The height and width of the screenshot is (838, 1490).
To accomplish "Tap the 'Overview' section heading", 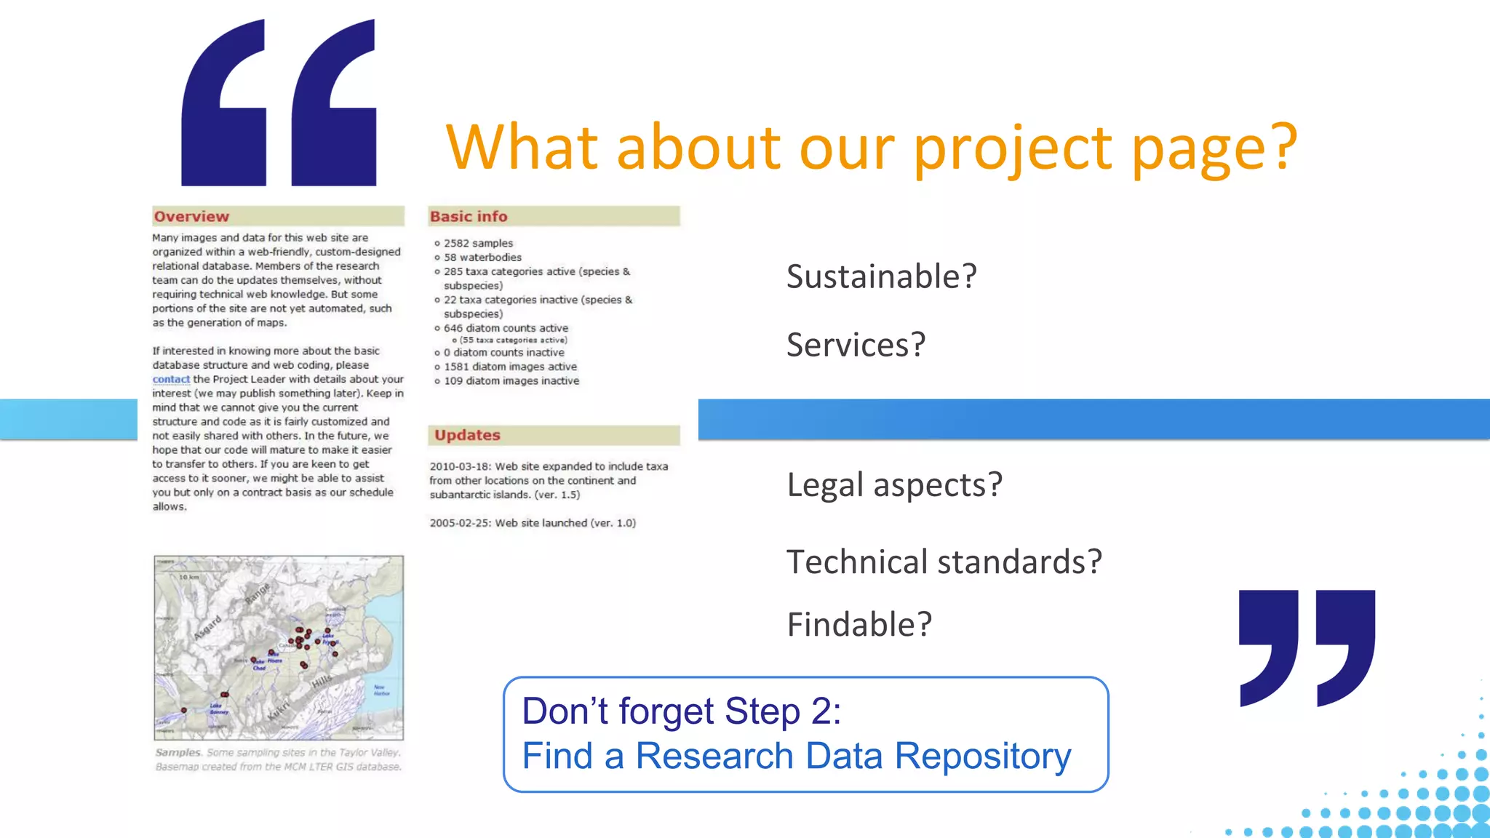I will point(191,216).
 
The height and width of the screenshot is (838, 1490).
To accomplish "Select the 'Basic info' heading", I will point(469,216).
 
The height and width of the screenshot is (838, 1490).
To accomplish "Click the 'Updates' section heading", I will point(467,435).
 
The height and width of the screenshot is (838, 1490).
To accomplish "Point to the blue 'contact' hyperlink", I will point(171,379).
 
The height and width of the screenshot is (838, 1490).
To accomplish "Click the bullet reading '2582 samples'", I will point(478,243).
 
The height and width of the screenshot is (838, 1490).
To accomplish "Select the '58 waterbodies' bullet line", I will point(482,258).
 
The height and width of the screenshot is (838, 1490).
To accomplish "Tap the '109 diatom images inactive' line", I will point(511,381).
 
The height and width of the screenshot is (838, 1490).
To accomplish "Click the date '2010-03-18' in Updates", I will point(460,466).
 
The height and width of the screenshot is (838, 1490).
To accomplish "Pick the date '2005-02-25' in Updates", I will point(460,523).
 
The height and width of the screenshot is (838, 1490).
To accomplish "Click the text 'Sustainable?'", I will point(881,277).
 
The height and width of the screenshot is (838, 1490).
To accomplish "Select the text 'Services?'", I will point(856,345).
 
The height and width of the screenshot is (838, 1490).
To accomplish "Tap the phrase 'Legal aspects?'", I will point(894,485).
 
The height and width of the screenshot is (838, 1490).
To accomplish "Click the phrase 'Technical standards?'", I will point(944,562).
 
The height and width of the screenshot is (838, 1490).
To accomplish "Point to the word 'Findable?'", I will point(859,625).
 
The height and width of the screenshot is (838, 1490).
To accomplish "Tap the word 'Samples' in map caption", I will point(178,753).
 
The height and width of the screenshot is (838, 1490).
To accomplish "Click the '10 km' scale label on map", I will point(188,577).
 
